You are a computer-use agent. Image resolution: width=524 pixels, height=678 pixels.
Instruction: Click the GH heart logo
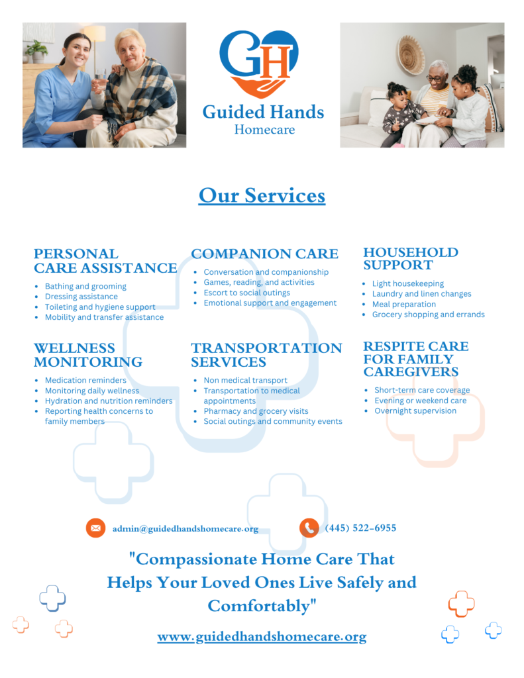coord(259,64)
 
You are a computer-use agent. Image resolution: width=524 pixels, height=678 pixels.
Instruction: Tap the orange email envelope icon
coord(95,528)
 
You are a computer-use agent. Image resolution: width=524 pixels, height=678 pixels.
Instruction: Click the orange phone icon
coord(309,528)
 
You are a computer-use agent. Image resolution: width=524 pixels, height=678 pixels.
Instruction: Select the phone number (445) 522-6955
coord(360,528)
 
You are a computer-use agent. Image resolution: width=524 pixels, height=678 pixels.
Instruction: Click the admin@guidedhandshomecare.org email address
coord(185,529)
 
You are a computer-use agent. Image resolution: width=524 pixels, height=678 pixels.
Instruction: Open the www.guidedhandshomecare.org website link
coord(262,637)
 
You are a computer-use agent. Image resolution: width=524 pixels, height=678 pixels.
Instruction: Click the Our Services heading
coord(262,195)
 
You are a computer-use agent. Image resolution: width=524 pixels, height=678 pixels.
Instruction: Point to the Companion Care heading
coord(264,254)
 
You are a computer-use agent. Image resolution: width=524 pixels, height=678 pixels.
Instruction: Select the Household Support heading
coord(411,259)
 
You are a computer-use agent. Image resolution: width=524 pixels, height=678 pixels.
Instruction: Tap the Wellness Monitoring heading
coord(88,355)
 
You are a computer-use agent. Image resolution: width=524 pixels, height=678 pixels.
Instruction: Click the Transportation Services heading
coord(266,355)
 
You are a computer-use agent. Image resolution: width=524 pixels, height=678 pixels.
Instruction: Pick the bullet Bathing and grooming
coord(85,286)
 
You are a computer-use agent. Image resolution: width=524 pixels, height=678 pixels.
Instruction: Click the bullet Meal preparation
coord(403,305)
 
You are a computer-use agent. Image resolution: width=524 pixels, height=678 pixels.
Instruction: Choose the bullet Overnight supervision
coord(415,411)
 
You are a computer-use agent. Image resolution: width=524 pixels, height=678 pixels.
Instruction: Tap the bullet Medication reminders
coord(85,381)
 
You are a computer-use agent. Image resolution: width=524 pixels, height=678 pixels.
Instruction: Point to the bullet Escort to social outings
coord(246,293)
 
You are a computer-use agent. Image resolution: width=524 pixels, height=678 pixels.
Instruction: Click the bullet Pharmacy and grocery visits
coord(256,411)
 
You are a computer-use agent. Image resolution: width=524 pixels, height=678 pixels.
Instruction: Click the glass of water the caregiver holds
coord(101,78)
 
